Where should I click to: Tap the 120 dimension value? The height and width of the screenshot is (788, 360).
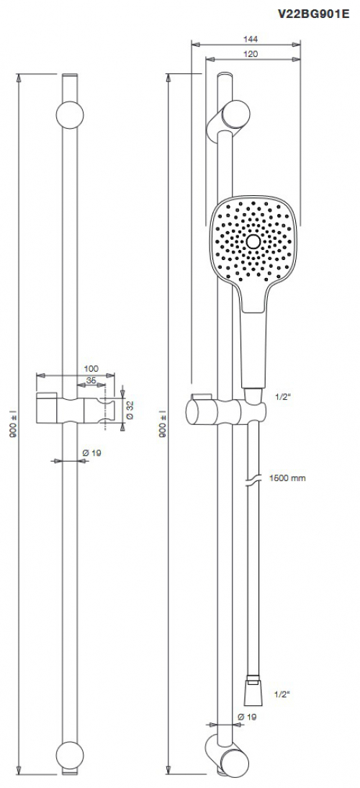pos(251,54)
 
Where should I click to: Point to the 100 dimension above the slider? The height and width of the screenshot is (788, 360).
pos(91,368)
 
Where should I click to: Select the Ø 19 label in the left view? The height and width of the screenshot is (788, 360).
pos(91,452)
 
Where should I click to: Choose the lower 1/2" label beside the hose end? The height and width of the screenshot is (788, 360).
pos(282,694)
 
